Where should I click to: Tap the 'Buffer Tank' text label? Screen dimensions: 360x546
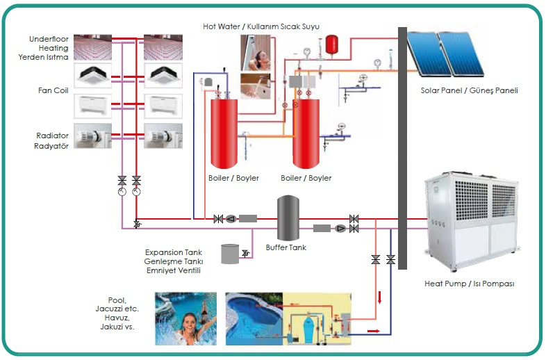pos(286,247)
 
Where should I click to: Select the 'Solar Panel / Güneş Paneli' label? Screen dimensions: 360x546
pos(469,91)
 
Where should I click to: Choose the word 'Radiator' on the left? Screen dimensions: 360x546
pos(52,136)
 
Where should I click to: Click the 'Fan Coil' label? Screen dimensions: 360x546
pos(53,90)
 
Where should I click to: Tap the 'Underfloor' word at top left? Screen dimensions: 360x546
pos(49,39)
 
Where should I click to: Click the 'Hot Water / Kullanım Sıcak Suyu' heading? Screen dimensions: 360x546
pos(260,26)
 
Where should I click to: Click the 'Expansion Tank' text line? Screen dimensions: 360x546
pos(173,252)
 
